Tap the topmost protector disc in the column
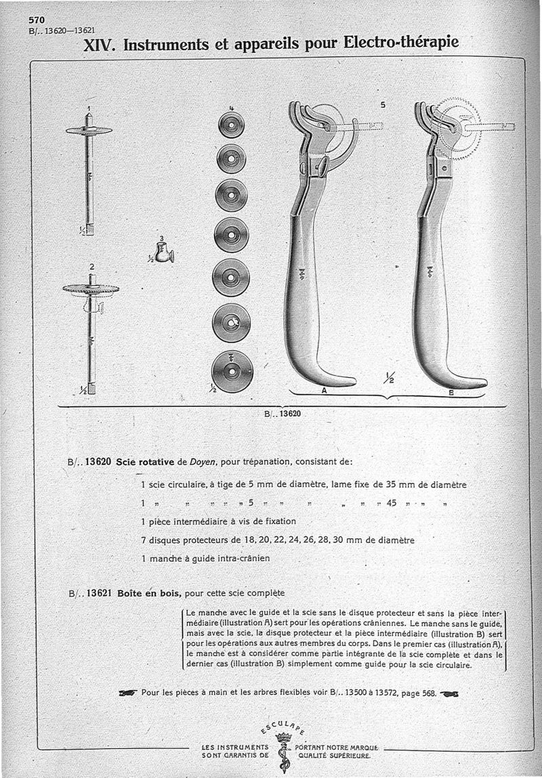pos(231,125)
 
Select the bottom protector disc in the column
pos(232,372)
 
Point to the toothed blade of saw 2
pos(91,289)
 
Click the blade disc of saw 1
pos(89,130)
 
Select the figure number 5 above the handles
pos(383,105)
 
